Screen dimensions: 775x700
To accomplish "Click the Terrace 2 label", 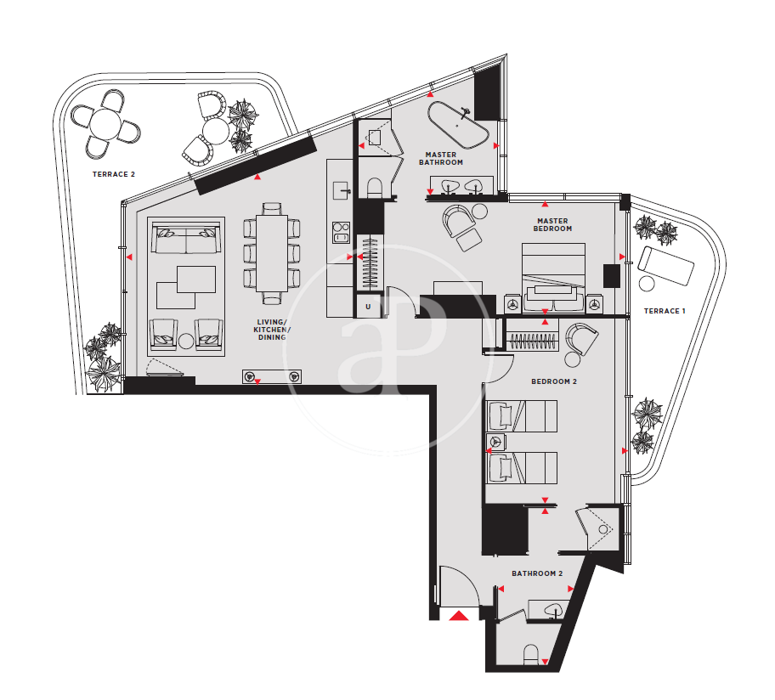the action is click(114, 174).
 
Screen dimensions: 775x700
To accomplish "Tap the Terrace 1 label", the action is click(665, 311).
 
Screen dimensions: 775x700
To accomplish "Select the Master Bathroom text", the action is click(441, 159).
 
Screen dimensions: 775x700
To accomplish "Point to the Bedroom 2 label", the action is click(553, 381).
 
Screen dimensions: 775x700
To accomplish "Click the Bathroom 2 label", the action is click(537, 573).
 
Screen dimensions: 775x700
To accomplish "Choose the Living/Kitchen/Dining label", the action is click(272, 330).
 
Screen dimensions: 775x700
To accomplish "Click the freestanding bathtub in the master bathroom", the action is click(458, 125).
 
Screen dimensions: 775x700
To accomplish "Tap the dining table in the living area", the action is click(271, 252).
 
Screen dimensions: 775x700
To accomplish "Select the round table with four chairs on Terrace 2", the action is click(105, 125).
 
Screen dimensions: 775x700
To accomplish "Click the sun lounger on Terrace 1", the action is click(665, 266).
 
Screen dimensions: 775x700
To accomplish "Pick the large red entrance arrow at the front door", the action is click(459, 616).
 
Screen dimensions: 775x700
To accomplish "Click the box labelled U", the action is click(368, 307).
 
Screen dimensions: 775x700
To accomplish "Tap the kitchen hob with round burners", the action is click(342, 232).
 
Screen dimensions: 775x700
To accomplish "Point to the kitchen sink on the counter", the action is click(342, 190).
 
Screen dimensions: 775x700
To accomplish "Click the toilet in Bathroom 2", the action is click(531, 654).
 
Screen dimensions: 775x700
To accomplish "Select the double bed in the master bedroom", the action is click(553, 277).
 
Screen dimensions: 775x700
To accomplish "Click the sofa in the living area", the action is click(186, 238).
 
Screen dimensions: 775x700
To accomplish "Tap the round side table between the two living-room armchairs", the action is click(186, 341).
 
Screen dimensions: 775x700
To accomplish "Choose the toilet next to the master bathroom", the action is click(375, 188).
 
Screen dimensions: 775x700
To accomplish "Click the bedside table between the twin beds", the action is click(495, 442).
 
